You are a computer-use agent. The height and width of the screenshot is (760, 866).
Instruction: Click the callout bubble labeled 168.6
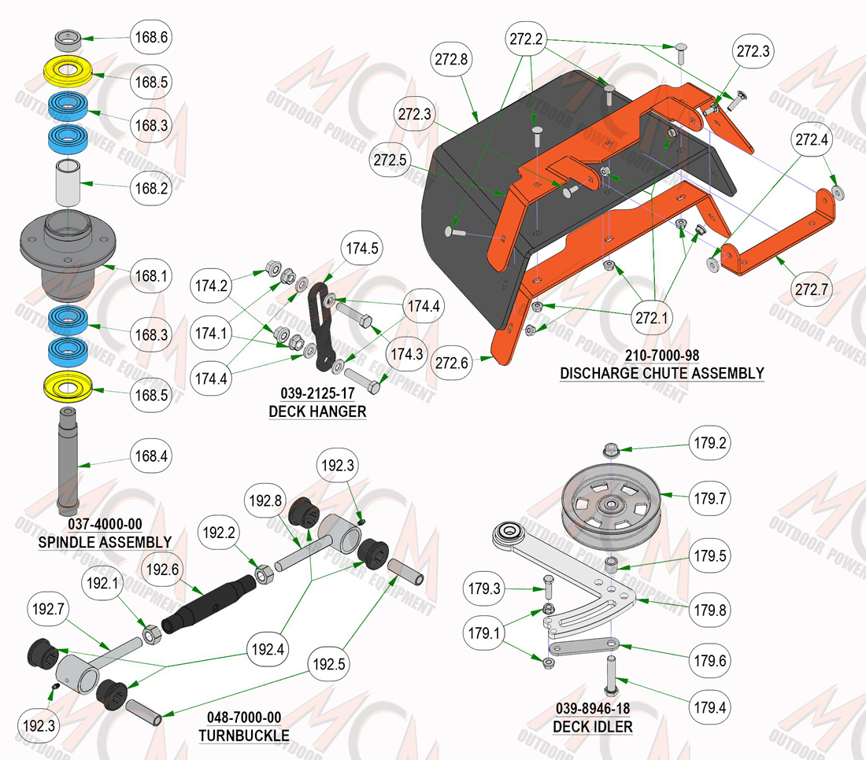tap(151, 37)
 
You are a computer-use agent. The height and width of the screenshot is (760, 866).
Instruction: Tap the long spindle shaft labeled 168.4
tap(68, 461)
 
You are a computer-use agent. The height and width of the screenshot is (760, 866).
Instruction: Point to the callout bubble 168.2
tap(151, 188)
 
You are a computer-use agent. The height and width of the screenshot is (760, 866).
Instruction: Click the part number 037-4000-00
tap(105, 524)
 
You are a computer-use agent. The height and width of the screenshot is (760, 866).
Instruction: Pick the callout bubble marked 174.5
tap(362, 249)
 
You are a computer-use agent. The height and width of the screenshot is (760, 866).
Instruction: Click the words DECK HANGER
tap(317, 411)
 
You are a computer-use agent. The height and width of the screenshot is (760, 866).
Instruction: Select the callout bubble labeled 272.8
tap(451, 59)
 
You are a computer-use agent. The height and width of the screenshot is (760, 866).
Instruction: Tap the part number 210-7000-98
tap(662, 355)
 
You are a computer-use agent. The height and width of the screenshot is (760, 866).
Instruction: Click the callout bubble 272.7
tap(812, 289)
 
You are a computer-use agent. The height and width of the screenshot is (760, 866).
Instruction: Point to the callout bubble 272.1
tap(652, 318)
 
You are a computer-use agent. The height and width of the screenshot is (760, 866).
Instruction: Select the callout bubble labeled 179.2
tap(709, 443)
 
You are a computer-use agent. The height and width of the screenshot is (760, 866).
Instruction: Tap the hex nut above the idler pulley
tap(610, 450)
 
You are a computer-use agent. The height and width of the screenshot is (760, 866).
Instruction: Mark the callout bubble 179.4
tap(709, 707)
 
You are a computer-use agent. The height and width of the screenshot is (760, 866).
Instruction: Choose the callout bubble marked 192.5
tap(328, 664)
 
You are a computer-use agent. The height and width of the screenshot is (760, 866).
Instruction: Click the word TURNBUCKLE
tap(244, 736)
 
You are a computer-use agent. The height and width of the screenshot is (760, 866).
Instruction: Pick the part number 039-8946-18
tap(593, 708)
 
